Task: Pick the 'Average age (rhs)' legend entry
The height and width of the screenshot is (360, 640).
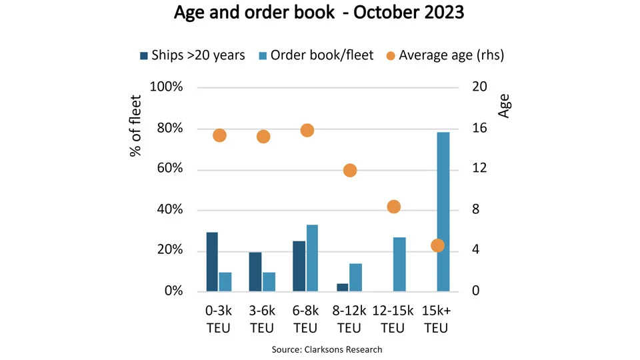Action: click(x=443, y=55)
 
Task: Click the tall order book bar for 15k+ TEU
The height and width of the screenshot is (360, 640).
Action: click(x=443, y=211)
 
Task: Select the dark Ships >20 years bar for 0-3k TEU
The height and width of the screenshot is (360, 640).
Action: click(x=212, y=261)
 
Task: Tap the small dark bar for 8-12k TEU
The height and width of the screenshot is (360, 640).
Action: click(x=342, y=287)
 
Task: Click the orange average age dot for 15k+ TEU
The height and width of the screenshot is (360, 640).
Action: click(x=437, y=245)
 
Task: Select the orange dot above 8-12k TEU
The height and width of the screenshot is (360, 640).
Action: click(x=350, y=171)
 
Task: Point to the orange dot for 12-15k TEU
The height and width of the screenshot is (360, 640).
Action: click(x=393, y=207)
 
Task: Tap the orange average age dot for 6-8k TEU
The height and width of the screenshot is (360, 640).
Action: click(x=307, y=130)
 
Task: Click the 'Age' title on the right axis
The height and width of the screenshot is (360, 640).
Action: click(x=504, y=105)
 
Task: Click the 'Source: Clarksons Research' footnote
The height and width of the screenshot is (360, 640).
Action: click(x=327, y=349)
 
